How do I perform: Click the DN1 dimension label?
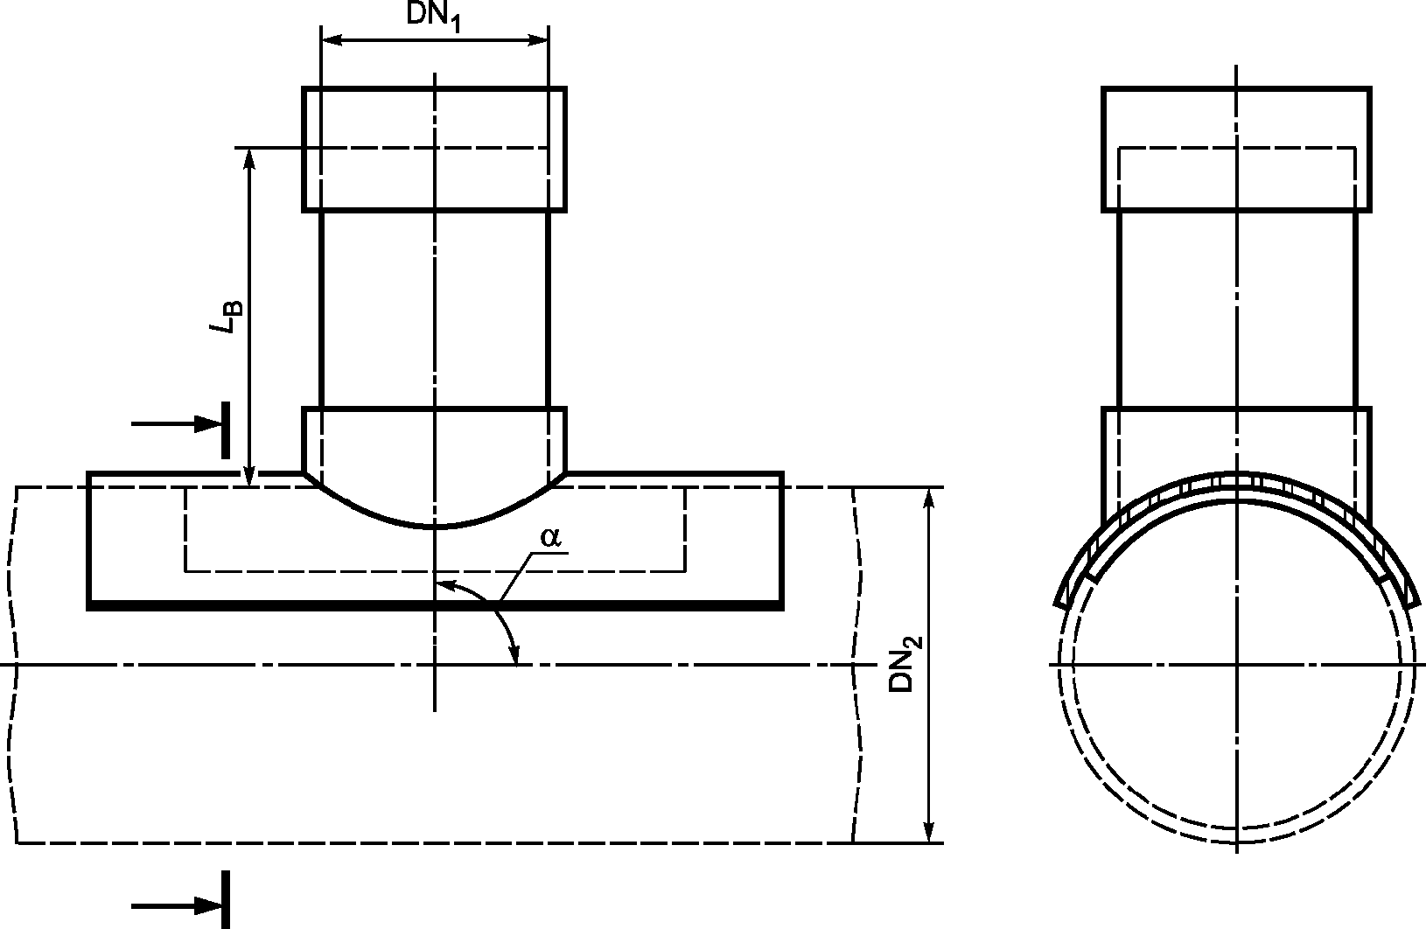pyautogui.click(x=434, y=17)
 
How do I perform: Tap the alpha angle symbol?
pyautogui.click(x=550, y=537)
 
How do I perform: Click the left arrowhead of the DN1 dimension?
pyautogui.click(x=333, y=40)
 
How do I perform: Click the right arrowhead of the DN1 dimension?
pyautogui.click(x=536, y=40)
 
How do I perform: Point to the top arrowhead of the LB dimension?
pyautogui.click(x=249, y=160)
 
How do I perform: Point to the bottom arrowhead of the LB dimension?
pyautogui.click(x=249, y=475)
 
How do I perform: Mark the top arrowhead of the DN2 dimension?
pyautogui.click(x=929, y=500)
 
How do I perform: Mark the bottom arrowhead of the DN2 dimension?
pyautogui.click(x=929, y=830)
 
